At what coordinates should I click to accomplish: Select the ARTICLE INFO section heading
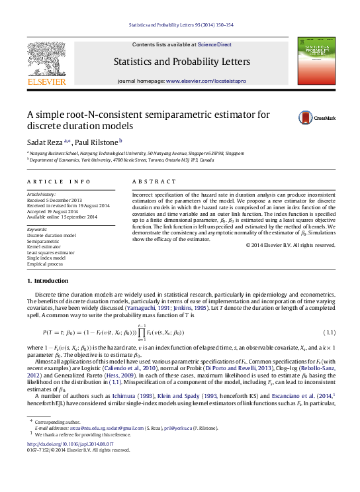click(59, 181)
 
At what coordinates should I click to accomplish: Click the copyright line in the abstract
click(291, 246)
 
